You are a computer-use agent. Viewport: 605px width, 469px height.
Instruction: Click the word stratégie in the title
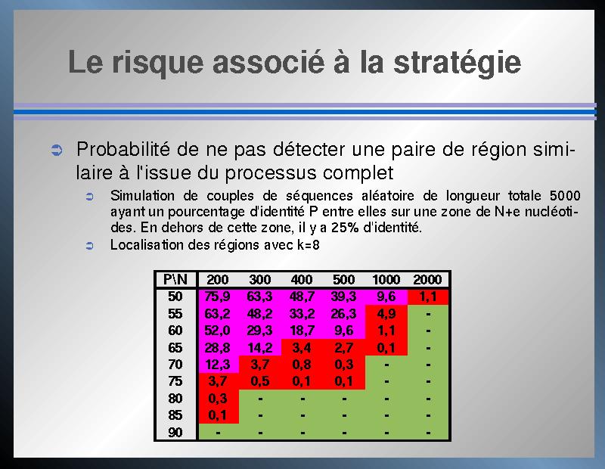(458, 64)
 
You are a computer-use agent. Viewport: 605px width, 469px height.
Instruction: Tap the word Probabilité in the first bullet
(123, 149)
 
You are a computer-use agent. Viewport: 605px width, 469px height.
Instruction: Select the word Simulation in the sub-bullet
(142, 196)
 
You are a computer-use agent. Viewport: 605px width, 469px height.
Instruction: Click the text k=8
(309, 245)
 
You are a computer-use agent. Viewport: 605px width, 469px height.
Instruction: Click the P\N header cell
(175, 279)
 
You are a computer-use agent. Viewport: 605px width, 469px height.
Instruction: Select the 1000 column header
(386, 279)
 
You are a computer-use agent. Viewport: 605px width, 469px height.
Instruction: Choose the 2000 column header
(427, 279)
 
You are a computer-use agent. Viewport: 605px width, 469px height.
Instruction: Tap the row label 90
(175, 433)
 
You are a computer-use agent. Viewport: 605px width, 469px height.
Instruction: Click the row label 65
(175, 347)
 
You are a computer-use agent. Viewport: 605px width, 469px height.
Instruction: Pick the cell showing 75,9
(217, 297)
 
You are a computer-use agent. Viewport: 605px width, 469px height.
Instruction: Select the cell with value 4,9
(386, 313)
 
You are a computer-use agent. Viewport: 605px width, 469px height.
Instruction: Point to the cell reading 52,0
(217, 331)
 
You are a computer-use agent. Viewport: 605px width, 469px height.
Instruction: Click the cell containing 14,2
(259, 347)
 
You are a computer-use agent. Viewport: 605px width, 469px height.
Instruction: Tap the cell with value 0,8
(302, 365)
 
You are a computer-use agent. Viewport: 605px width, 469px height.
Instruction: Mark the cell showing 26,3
(343, 313)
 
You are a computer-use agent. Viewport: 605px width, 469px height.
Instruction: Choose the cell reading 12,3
(218, 365)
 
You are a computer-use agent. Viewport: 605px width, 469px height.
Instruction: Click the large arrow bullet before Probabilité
(57, 150)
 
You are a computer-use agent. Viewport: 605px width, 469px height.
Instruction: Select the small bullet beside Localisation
(89, 246)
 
